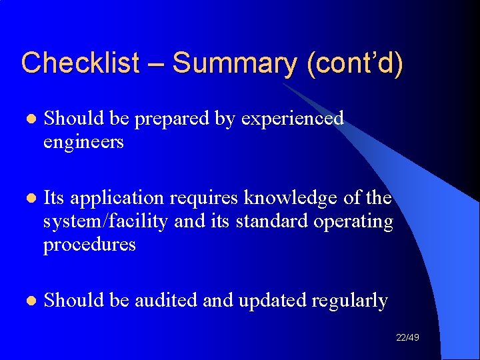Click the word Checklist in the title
[x=80, y=63]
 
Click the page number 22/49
[x=407, y=338]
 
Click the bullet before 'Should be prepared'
[x=27, y=119]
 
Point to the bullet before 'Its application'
[x=27, y=199]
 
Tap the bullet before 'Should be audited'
[x=27, y=301]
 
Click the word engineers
[x=83, y=142]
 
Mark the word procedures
[x=89, y=245]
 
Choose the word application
[x=117, y=199]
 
